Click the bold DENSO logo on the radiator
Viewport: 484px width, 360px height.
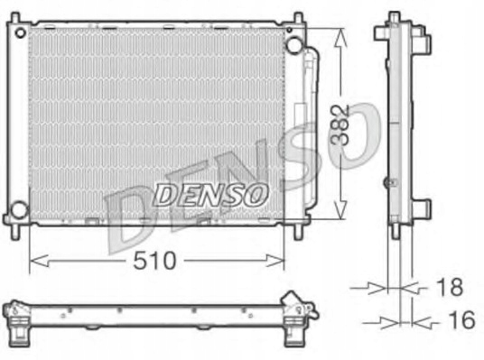[x=209, y=193]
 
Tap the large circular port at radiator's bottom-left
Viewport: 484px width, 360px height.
[x=18, y=213]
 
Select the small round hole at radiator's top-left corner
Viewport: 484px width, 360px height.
[x=17, y=32]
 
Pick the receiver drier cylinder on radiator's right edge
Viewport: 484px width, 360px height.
[x=310, y=126]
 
